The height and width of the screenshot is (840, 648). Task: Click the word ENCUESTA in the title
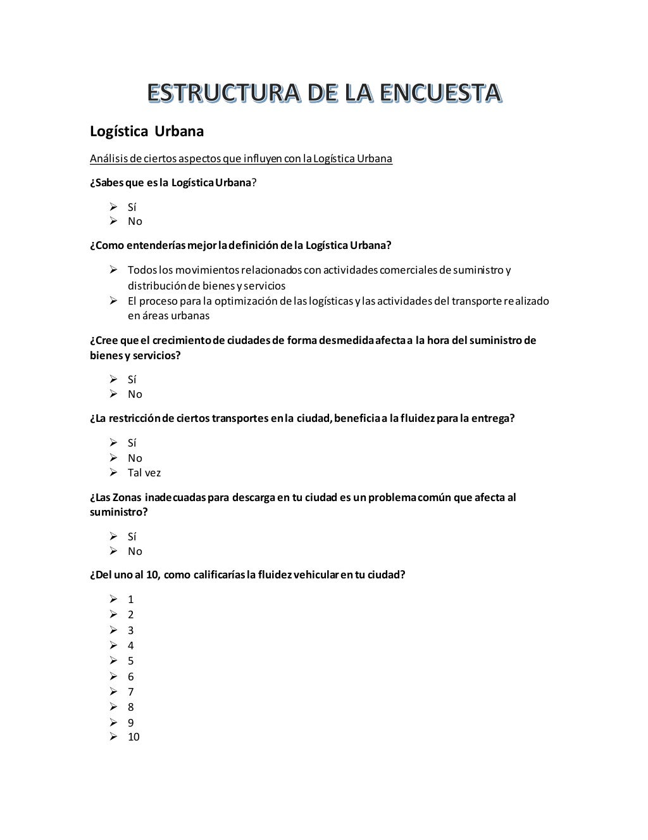point(440,93)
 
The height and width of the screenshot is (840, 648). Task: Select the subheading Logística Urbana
point(147,131)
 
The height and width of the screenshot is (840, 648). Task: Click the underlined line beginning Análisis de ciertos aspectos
point(240,158)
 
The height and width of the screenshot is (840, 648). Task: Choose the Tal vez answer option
point(144,473)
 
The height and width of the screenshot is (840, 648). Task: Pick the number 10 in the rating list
point(134,737)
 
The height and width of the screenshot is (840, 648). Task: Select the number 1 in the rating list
point(130,599)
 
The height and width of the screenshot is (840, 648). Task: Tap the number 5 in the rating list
point(130,661)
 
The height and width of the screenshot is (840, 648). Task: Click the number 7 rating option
point(130,692)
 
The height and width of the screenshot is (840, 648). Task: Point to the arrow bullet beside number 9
point(113,722)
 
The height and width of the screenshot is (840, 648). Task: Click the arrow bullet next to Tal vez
point(113,472)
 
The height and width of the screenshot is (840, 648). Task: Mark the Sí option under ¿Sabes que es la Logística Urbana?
point(132,207)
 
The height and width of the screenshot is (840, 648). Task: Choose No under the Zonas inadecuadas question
point(135,551)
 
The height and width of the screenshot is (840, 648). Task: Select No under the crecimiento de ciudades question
point(135,394)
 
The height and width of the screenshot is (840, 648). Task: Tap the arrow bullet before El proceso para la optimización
point(113,300)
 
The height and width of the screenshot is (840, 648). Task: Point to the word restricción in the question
point(135,418)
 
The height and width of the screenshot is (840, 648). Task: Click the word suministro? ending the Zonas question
point(118,512)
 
